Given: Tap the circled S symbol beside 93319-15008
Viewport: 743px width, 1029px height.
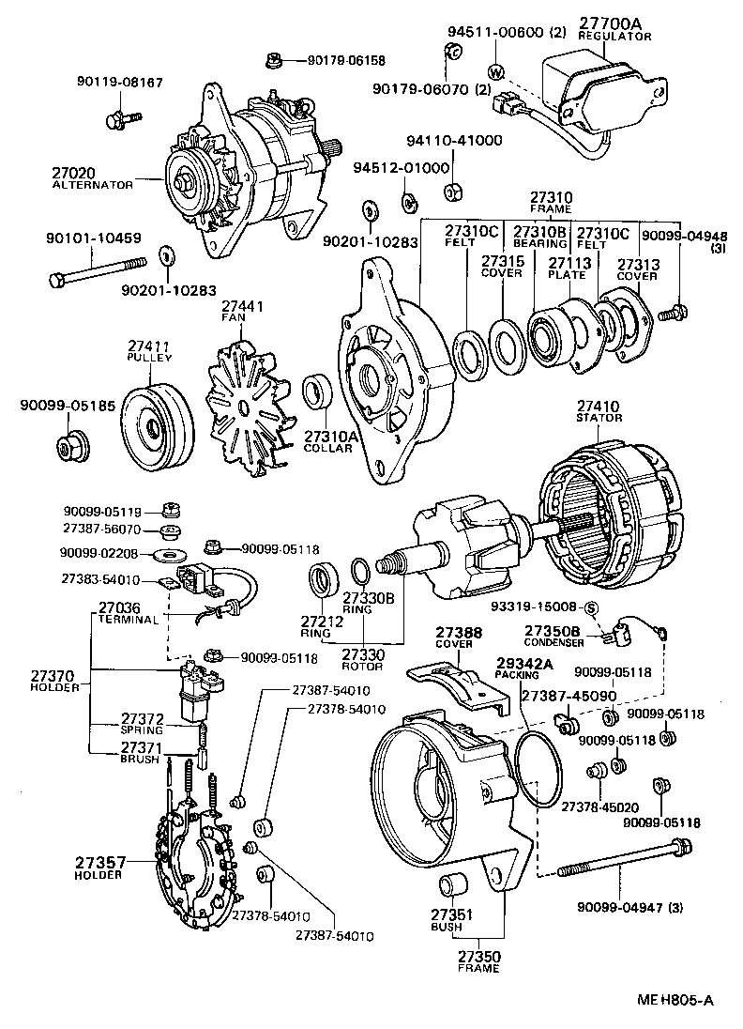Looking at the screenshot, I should (x=593, y=607).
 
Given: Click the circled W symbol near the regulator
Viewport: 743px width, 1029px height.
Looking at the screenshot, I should (x=495, y=71).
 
